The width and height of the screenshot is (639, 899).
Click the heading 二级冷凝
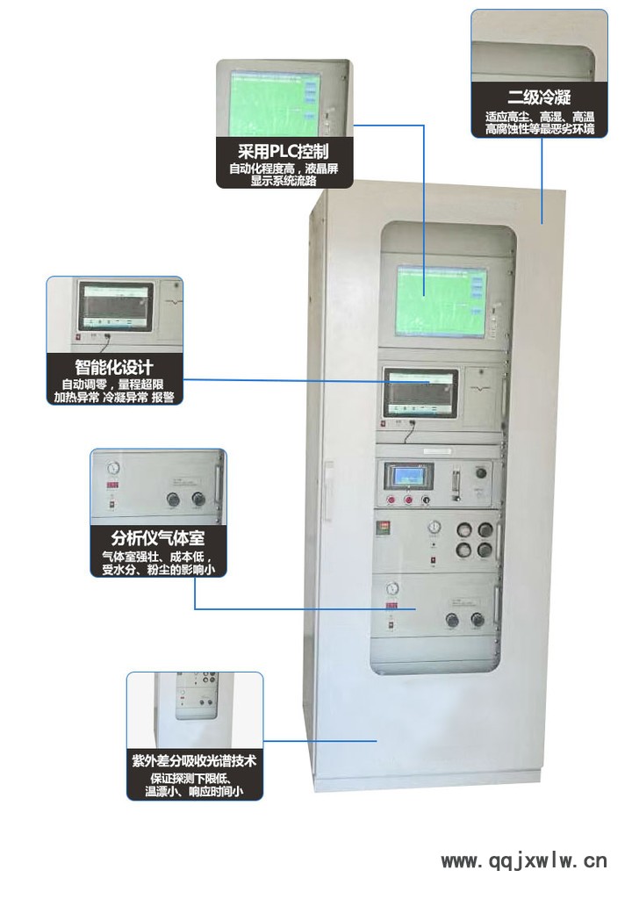[539, 97]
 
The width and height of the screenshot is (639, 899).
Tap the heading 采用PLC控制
[284, 151]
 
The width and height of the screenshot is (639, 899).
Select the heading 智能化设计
[114, 367]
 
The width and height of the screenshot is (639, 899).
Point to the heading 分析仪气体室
[158, 538]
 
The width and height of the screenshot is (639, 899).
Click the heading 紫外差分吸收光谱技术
[194, 761]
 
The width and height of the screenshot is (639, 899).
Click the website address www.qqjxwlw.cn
[524, 860]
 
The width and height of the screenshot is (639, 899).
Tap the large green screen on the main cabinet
[442, 300]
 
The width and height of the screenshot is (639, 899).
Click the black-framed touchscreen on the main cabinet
[421, 392]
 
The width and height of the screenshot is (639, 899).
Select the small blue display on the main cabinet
[408, 476]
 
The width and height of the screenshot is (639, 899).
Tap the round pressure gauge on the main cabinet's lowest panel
[392, 588]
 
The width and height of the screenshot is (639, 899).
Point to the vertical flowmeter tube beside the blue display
[456, 485]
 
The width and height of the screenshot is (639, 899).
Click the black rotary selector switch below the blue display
[426, 500]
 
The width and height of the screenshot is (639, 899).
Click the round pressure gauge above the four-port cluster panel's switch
[434, 527]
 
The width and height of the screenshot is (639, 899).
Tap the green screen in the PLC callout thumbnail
[274, 104]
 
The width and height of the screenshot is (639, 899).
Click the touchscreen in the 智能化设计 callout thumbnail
[117, 306]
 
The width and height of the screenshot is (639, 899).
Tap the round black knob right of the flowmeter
[481, 473]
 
